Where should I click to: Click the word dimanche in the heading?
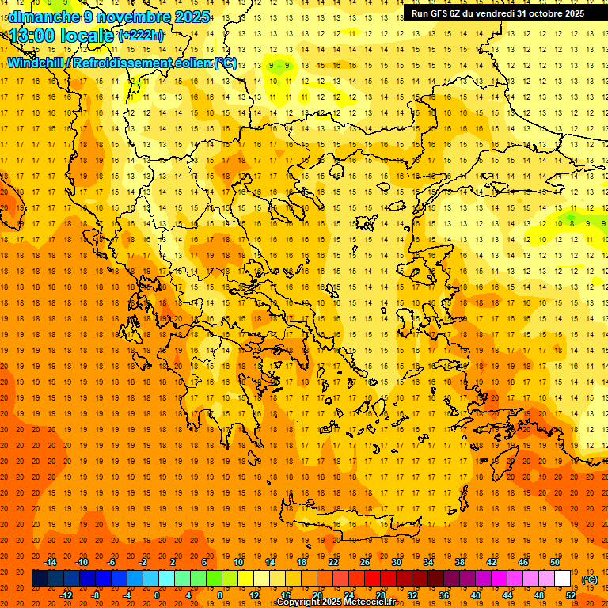pyautogui.click(x=40, y=17)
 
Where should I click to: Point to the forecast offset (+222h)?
pyautogui.click(x=141, y=36)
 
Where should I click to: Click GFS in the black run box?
pyautogui.click(x=440, y=13)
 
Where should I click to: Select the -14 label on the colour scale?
pyautogui.click(x=51, y=562)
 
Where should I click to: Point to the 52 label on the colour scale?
pyautogui.click(x=571, y=595)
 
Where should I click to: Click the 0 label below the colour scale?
pyautogui.click(x=156, y=595)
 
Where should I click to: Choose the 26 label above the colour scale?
pyautogui.click(x=365, y=562)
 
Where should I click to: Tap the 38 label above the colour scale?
pyautogui.click(x=460, y=562)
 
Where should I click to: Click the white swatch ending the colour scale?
pyautogui.click(x=562, y=579)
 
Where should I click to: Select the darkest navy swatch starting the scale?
pyautogui.click(x=40, y=579)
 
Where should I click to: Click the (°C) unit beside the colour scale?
pyautogui.click(x=590, y=579)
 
